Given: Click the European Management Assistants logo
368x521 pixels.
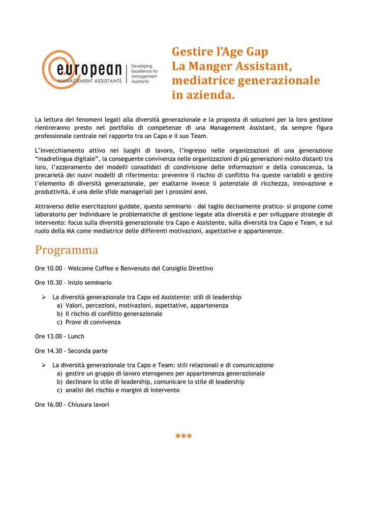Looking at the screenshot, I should (84, 70).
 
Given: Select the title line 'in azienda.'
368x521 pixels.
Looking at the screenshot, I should (203, 95).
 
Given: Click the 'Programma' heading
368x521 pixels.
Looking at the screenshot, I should (66, 250).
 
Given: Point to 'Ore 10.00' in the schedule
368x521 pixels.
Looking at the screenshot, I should (48, 268).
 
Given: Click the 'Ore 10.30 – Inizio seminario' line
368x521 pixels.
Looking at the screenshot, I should (73, 282).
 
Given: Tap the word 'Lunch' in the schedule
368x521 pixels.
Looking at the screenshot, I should (76, 336).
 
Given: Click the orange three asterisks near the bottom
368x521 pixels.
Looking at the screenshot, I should (183, 437).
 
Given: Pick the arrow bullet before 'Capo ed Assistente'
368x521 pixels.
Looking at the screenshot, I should (44, 297).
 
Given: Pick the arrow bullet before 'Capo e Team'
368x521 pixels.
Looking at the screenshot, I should (44, 365).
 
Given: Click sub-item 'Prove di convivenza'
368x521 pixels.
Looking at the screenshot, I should (93, 322).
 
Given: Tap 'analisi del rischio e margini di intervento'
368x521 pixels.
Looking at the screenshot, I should (122, 390).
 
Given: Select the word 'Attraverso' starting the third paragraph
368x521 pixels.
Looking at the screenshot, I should (50, 207).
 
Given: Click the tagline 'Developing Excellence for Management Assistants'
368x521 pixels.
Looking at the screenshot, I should (144, 74).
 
